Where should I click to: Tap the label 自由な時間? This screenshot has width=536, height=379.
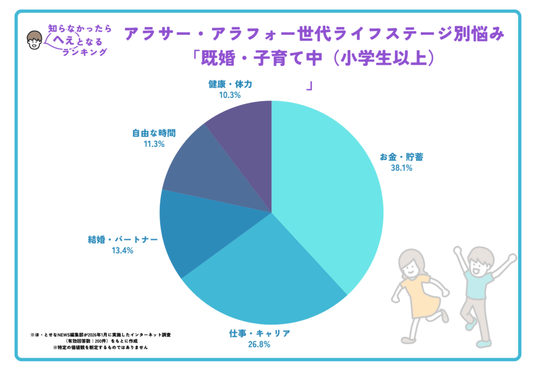pyautogui.click(x=153, y=133)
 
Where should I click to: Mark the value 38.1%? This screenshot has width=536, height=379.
pyautogui.click(x=401, y=169)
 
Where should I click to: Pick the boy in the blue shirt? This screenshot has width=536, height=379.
pyautogui.click(x=479, y=288)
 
